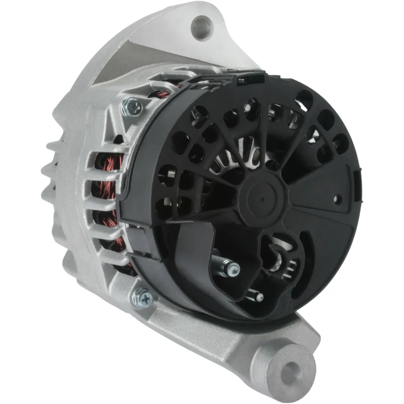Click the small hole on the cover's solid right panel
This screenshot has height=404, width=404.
(337, 199)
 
